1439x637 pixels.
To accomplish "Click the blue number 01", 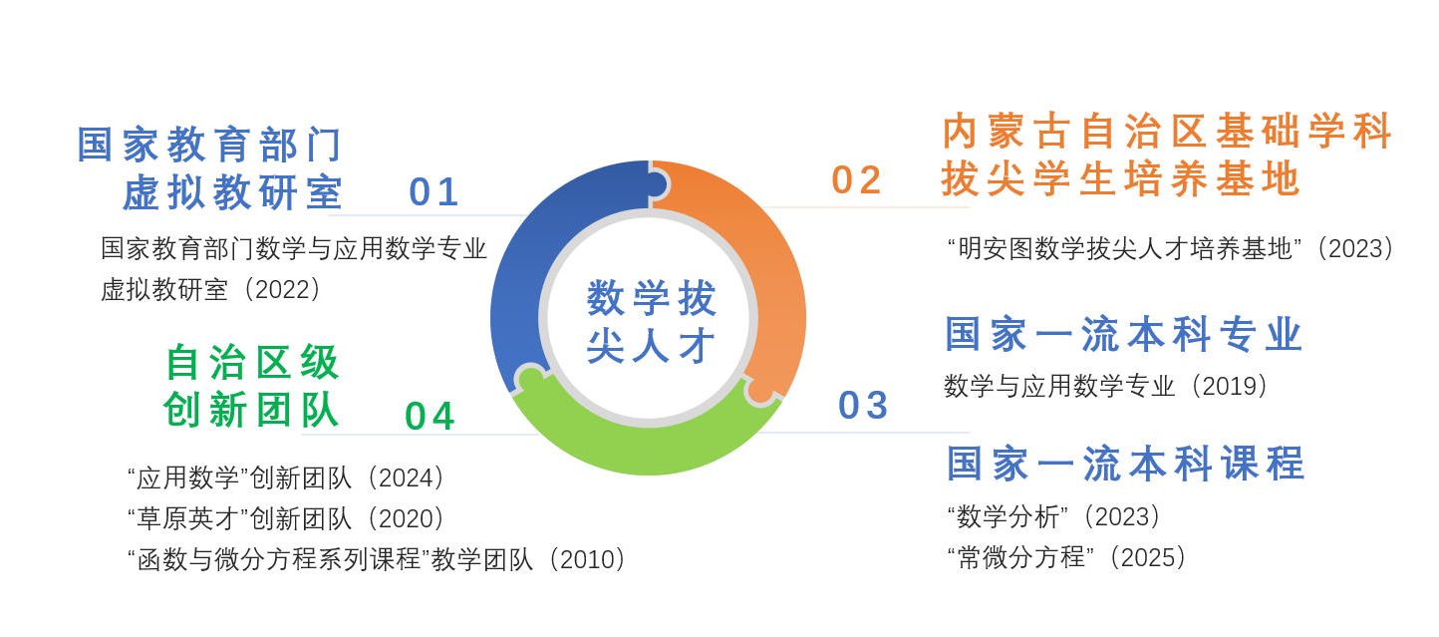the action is point(433,191).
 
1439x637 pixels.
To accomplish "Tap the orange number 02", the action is point(856,179).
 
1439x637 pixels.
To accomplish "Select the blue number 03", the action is point(863,405).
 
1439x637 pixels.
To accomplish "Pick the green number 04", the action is point(430,416).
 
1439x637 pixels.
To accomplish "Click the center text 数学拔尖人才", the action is point(651,321).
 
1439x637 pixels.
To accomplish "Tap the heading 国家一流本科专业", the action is point(1123,334).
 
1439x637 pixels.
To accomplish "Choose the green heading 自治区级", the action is point(252,362).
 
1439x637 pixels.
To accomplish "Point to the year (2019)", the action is point(1229,386).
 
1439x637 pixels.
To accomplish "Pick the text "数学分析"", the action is point(1007,516).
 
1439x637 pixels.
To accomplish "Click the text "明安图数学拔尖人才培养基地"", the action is point(1124,248).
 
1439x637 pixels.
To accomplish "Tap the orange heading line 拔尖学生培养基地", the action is point(1121,178).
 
